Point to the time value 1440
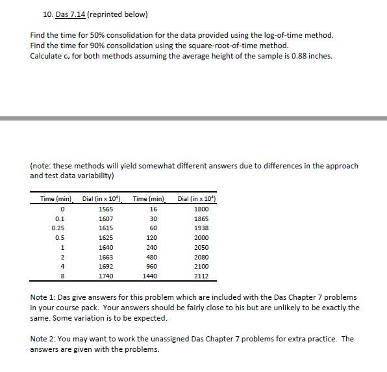153,276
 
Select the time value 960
153,267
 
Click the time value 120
153,239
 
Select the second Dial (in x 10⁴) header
197,198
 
